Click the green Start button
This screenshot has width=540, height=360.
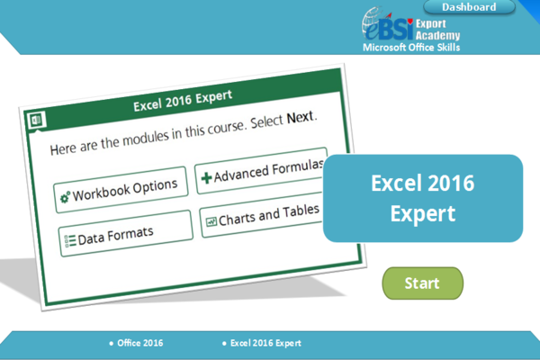pyautogui.click(x=422, y=283)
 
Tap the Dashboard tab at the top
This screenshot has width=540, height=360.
pyautogui.click(x=468, y=7)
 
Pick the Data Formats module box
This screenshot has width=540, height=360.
pyautogui.click(x=126, y=233)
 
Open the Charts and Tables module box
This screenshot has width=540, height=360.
pyautogui.click(x=261, y=217)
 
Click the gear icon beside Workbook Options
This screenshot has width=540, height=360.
pyautogui.click(x=64, y=197)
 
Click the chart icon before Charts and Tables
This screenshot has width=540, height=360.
pyautogui.click(x=211, y=220)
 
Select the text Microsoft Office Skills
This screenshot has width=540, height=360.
pyautogui.click(x=410, y=46)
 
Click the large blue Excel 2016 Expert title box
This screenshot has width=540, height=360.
pyautogui.click(x=422, y=198)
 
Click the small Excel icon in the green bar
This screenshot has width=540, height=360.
pyautogui.click(x=37, y=119)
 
